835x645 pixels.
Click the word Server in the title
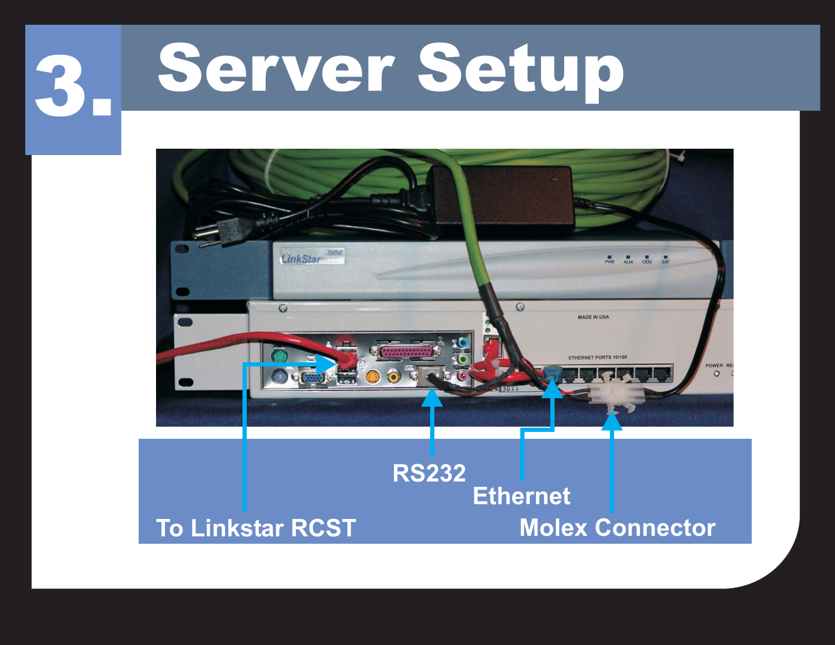tap(276, 69)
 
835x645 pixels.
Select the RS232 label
tap(429, 473)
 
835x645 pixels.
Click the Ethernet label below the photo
tap(521, 496)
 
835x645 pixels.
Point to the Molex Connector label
tap(617, 527)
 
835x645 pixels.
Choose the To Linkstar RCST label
tap(256, 528)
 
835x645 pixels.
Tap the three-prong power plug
tap(221, 232)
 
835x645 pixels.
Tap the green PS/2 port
tap(280, 357)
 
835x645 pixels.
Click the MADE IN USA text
tap(593, 317)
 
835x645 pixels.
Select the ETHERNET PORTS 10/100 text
tap(597, 357)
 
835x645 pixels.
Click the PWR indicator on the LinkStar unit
tap(609, 259)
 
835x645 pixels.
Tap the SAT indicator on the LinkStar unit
tap(665, 259)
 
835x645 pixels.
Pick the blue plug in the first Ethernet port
tap(552, 373)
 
